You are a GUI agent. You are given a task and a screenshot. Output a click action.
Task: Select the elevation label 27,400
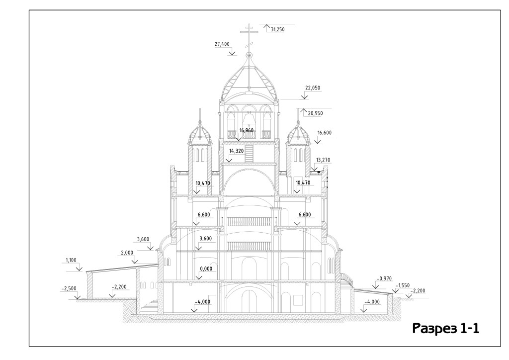[222, 44]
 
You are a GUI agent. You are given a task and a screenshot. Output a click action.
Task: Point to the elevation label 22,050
[313, 88]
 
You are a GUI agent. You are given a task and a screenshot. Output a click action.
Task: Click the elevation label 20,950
[316, 113]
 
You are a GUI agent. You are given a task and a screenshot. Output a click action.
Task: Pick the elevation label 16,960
[247, 131]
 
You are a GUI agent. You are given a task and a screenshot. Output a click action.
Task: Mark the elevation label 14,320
[236, 151]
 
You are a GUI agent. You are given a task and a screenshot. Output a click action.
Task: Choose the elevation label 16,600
[324, 133]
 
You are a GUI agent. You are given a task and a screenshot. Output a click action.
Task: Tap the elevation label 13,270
[323, 160]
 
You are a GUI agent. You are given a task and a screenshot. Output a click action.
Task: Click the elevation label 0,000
[206, 269]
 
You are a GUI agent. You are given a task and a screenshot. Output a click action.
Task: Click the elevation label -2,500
[69, 288]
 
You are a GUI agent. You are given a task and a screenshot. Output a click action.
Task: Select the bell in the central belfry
[249, 120]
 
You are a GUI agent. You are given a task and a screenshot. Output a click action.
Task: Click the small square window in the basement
[298, 300]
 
